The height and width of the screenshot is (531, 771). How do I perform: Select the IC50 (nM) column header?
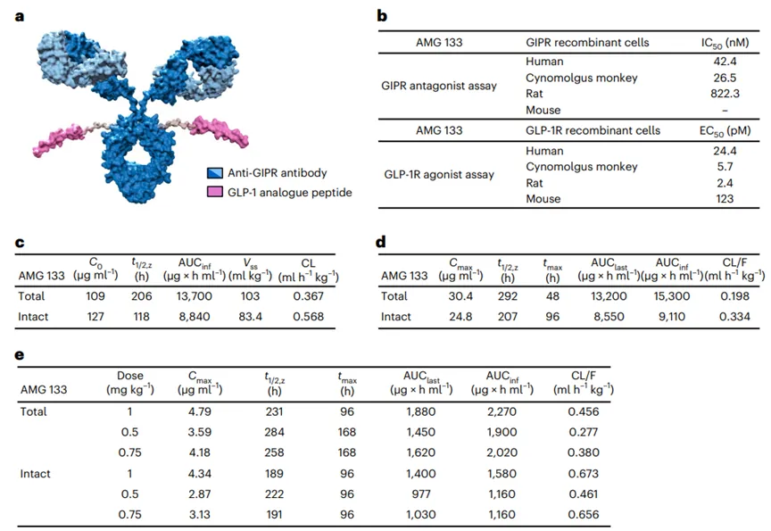click(717, 43)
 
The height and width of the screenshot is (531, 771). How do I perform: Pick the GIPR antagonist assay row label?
click(435, 86)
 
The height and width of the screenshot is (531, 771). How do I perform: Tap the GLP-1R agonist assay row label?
click(435, 175)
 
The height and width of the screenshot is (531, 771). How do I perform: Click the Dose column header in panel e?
click(131, 382)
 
